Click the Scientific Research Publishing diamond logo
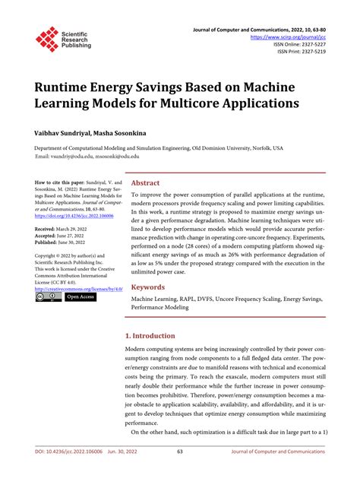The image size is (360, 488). (x=47, y=40)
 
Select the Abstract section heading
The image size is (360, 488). (x=145, y=183)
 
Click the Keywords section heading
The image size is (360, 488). (x=149, y=267)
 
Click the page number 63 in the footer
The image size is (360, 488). (x=180, y=472)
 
